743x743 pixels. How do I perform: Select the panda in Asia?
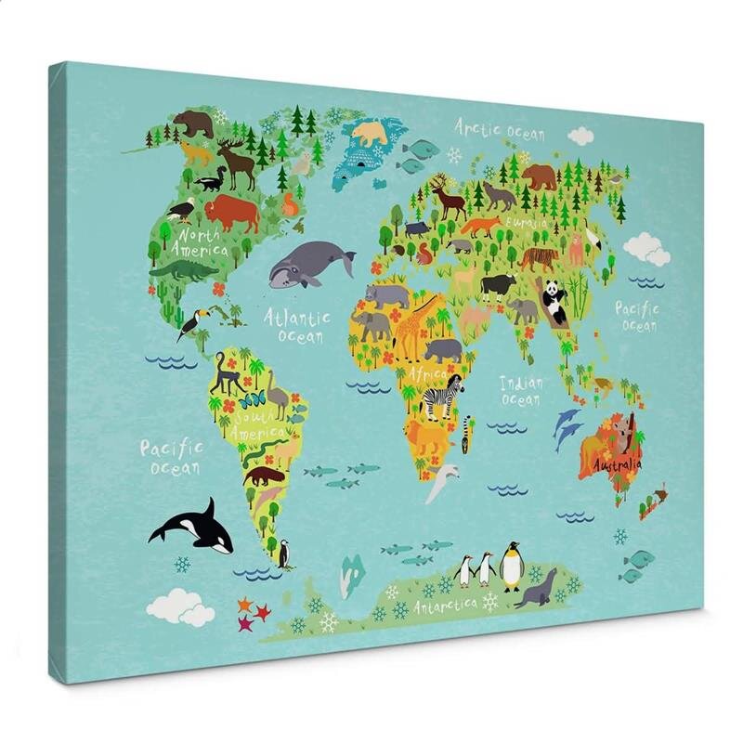point(555,302)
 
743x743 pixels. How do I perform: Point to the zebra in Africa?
point(443,398)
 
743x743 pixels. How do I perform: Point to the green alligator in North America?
point(183,270)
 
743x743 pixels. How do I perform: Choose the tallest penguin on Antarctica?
point(511,566)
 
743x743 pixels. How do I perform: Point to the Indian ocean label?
point(521,390)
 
